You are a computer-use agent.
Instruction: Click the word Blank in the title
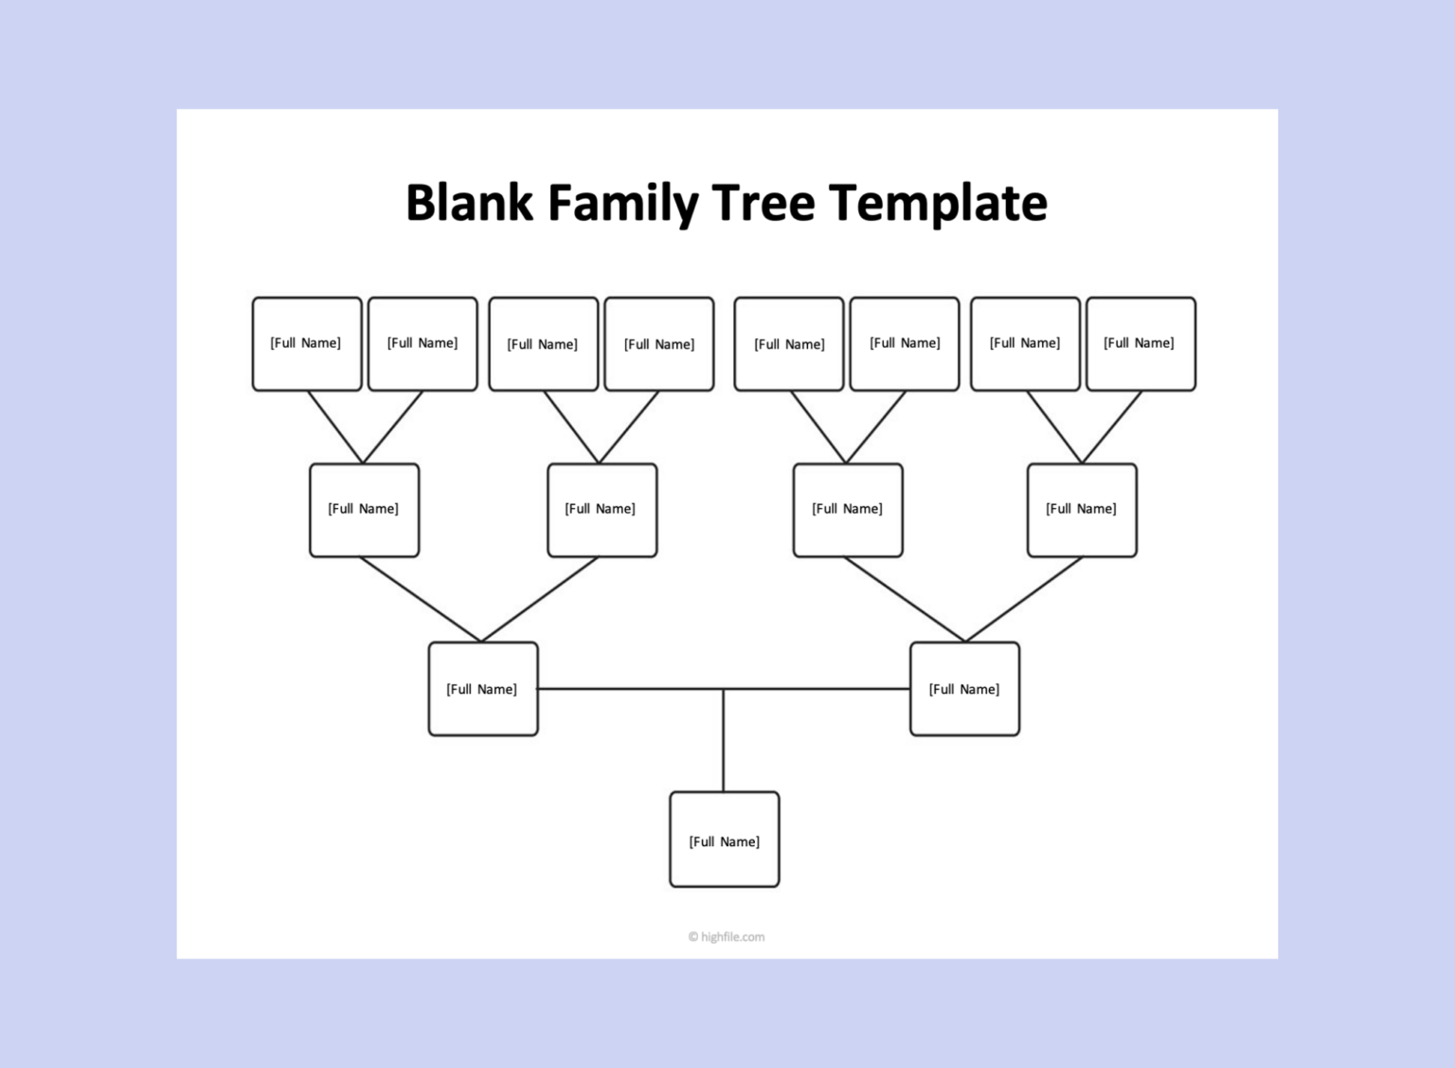(470, 203)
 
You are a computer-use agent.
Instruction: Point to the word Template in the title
(938, 203)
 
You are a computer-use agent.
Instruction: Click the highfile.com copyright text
(727, 937)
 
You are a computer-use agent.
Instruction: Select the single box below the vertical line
(725, 840)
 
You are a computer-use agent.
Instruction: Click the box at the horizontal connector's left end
(483, 689)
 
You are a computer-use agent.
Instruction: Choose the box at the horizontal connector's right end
(964, 689)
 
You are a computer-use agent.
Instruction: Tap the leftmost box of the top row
(307, 344)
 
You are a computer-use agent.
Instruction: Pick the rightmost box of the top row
(1141, 344)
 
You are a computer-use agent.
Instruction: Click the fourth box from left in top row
(659, 344)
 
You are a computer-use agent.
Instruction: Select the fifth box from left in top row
(789, 344)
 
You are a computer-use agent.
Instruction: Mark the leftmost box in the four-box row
(365, 510)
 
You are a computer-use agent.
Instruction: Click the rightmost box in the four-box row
(1082, 510)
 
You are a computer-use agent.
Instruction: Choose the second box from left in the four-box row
(602, 510)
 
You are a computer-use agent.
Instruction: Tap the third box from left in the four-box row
(848, 510)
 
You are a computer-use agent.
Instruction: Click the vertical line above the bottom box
(724, 744)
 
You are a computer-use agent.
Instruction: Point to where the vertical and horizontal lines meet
(724, 689)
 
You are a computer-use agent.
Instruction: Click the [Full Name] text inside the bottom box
(725, 842)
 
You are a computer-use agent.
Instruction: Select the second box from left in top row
(422, 344)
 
